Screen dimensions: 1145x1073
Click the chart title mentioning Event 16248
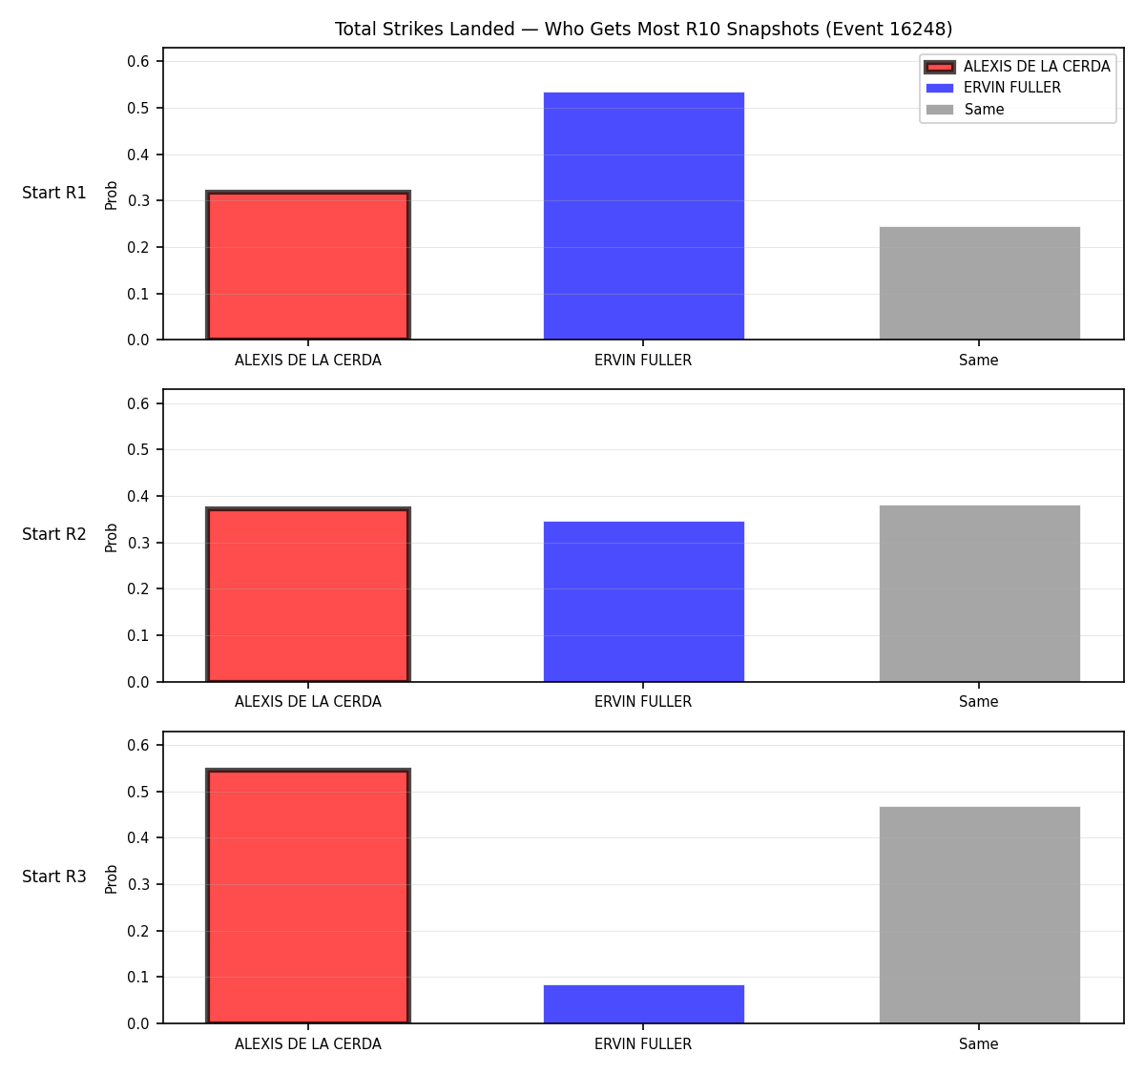(643, 29)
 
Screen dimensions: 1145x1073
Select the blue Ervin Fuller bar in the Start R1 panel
(643, 216)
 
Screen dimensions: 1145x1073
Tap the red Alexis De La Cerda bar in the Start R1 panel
(308, 265)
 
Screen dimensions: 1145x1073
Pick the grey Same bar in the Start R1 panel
(979, 283)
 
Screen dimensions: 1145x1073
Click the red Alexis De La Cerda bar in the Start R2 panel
(308, 594)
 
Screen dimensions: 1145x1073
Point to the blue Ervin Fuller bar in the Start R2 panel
(643, 602)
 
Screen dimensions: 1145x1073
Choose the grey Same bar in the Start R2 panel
(979, 593)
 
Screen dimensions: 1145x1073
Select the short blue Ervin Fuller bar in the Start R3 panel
(643, 1003)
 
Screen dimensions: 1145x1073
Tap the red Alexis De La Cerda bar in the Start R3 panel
(308, 896)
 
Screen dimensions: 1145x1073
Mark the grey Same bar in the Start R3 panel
(979, 915)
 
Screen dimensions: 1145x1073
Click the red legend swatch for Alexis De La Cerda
(939, 67)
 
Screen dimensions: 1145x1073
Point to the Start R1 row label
(54, 193)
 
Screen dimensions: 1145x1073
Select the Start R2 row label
(54, 534)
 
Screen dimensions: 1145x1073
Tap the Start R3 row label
(54, 877)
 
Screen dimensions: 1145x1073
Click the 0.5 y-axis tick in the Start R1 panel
(137, 109)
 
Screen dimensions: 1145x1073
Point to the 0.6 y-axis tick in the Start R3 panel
(137, 746)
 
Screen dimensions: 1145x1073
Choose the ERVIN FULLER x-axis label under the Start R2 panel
(643, 702)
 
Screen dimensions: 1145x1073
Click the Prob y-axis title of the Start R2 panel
(112, 537)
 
